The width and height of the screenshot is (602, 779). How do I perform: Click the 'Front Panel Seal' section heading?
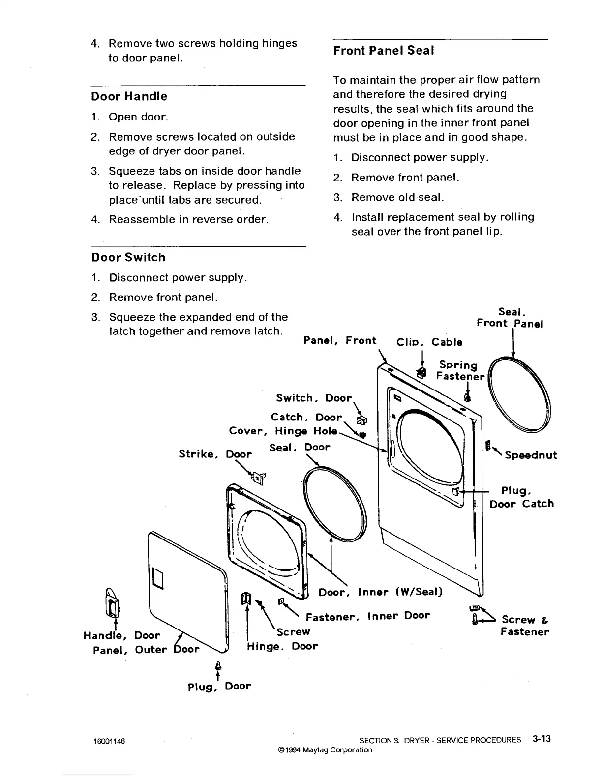point(383,51)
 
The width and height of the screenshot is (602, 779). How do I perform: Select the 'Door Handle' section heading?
point(129,96)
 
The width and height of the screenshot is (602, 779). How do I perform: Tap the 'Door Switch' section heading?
point(128,257)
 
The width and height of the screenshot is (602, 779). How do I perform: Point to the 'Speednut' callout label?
point(531,455)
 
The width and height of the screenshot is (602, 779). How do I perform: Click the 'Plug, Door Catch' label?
point(521,497)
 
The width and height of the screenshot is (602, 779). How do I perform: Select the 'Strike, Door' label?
point(215,454)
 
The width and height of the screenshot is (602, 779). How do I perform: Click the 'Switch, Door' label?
point(314,398)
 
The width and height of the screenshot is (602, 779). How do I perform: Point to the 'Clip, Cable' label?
point(429,342)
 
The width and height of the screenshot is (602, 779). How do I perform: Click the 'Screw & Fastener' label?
point(524,626)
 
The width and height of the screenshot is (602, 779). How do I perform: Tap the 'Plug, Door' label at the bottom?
point(219,686)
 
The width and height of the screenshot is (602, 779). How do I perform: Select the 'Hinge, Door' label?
point(282,646)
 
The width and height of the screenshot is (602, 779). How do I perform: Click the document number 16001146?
point(109,741)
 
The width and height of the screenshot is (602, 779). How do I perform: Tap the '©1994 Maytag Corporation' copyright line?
point(325,750)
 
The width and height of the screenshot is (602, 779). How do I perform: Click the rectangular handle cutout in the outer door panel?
point(158,577)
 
